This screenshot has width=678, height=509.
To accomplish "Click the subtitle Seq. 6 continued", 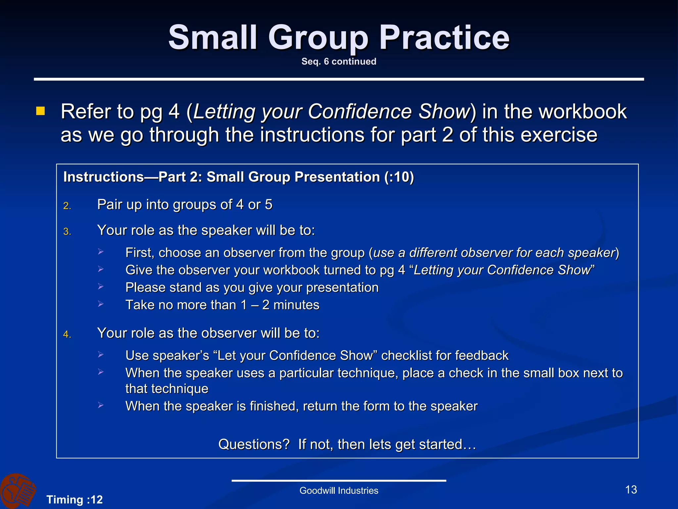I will click(339, 61).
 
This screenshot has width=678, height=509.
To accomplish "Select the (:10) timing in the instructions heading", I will click(399, 177).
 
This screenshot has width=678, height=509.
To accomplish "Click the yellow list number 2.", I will click(67, 206).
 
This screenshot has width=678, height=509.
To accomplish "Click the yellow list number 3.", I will click(67, 231).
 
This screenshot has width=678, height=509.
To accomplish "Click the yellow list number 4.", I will click(67, 334).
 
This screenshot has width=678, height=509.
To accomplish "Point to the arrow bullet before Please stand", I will click(101, 287).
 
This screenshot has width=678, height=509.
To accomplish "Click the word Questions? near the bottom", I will click(254, 444).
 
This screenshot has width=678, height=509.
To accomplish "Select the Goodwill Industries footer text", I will click(339, 490).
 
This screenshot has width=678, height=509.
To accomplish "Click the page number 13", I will click(631, 489).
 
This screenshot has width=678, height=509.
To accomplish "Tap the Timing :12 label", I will click(74, 499).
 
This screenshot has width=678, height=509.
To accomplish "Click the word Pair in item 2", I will click(110, 204).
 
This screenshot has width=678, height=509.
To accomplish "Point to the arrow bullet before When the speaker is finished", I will click(101, 405).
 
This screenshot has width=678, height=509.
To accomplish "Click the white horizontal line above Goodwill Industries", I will click(339, 481).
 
